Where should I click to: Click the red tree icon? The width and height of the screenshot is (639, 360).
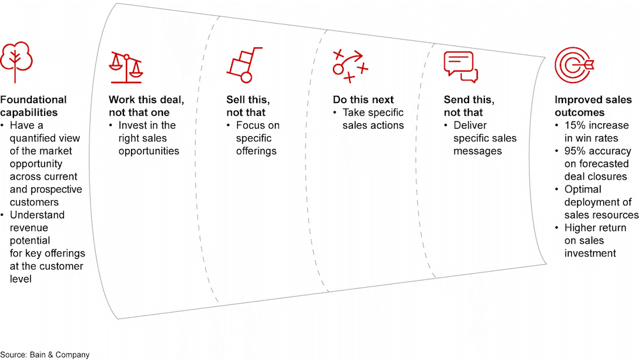point(16,61)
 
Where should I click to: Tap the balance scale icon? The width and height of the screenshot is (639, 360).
point(126,68)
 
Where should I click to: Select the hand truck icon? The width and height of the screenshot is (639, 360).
point(245,65)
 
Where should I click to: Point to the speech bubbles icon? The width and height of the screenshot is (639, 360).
point(461,67)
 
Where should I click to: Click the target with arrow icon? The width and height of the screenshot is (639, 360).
point(574,65)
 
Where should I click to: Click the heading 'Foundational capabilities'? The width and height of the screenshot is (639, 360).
point(33,106)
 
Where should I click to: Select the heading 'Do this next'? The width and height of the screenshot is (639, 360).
point(363,100)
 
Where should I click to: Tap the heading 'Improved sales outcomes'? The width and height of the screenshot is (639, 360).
point(593,106)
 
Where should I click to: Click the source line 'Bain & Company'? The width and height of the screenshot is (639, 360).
point(59,355)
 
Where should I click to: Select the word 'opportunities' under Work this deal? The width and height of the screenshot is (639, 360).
point(149,152)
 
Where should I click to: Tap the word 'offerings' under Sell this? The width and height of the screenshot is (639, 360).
point(256,152)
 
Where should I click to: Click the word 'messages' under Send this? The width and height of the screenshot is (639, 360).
point(477,152)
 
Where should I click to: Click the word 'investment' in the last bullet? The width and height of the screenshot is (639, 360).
point(590,253)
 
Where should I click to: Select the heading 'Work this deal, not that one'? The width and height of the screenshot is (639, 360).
point(146,106)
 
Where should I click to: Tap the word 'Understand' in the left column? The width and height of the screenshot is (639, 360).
point(37,215)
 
